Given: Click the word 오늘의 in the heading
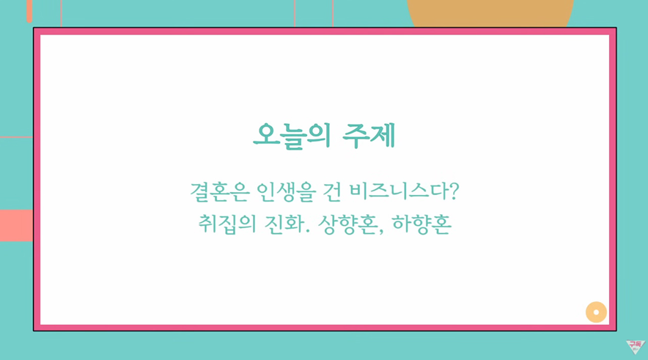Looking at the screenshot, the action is click(292, 136).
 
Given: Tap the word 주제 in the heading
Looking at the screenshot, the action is click(369, 136).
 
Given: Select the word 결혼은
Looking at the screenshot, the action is click(219, 192).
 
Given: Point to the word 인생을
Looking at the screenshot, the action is click(286, 192).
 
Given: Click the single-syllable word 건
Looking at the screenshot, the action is click(331, 192).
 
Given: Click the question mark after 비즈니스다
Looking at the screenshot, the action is click(454, 191).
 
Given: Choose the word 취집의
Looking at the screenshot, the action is click(227, 224).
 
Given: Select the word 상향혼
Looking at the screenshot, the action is click(347, 224).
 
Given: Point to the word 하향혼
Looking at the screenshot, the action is click(421, 224).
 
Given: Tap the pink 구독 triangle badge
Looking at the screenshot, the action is click(636, 346).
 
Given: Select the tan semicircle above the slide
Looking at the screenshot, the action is click(490, 13).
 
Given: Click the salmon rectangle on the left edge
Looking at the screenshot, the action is click(17, 225).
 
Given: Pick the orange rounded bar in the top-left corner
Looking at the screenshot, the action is click(29, 11).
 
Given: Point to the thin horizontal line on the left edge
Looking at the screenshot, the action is click(17, 137).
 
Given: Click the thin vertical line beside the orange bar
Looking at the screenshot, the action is click(61, 14).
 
